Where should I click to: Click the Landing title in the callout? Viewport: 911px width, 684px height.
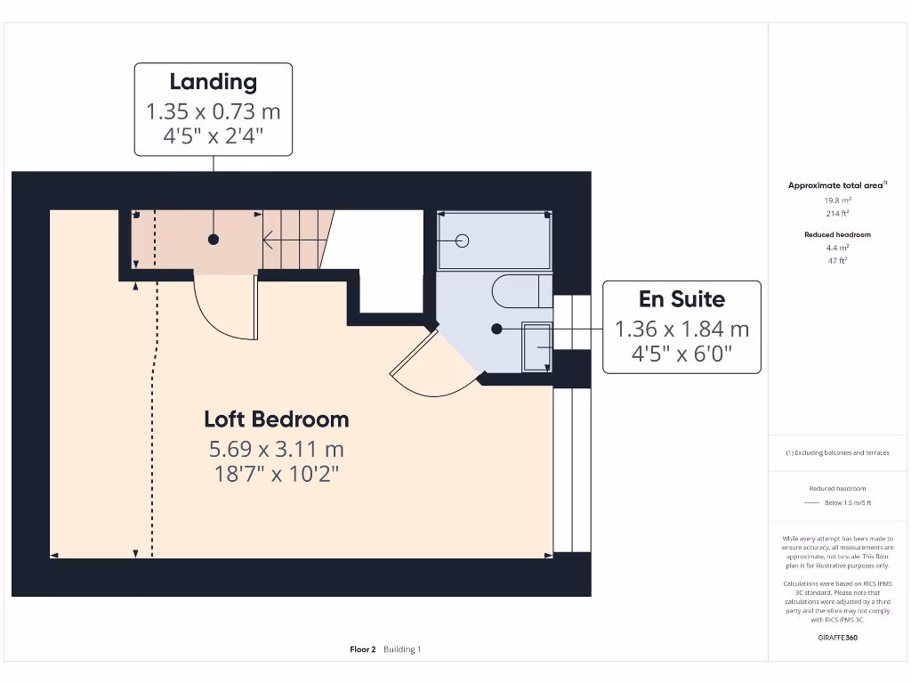tap(214, 82)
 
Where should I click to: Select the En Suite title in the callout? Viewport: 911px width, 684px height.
tap(681, 299)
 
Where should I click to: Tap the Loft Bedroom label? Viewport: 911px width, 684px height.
tap(276, 419)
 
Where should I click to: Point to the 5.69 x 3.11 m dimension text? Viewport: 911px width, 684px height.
tap(276, 448)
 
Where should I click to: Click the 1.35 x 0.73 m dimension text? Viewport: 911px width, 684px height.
tap(214, 112)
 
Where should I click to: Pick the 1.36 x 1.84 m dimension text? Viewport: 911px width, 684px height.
tap(681, 329)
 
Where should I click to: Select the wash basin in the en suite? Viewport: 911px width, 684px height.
tap(536, 346)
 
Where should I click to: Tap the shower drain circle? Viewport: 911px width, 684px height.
tap(462, 240)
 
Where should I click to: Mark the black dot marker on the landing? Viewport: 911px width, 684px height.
tap(214, 240)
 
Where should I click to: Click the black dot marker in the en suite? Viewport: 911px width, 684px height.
tap(497, 329)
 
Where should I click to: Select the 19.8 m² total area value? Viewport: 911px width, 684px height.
tap(836, 200)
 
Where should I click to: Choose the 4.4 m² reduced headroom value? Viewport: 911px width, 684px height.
tap(836, 248)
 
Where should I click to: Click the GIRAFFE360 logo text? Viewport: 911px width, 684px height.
tap(836, 638)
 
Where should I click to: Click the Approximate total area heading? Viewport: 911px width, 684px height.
tap(835, 185)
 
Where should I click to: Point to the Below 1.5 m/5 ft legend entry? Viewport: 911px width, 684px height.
tap(847, 503)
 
